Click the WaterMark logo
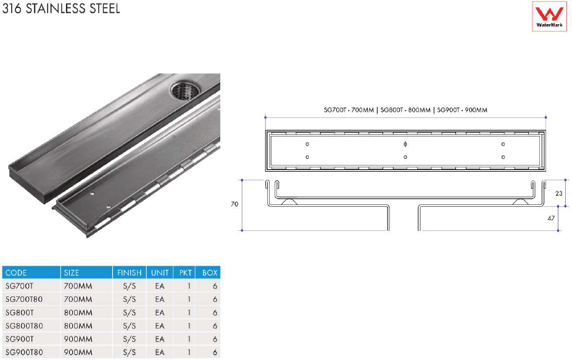[549, 17]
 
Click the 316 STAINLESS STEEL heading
[61, 8]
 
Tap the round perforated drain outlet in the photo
[184, 91]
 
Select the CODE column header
[16, 273]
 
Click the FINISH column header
[129, 273]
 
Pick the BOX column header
[210, 273]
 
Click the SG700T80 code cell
[24, 299]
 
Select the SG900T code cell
[19, 339]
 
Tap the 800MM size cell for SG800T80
[78, 325]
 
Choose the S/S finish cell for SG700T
[129, 287]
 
